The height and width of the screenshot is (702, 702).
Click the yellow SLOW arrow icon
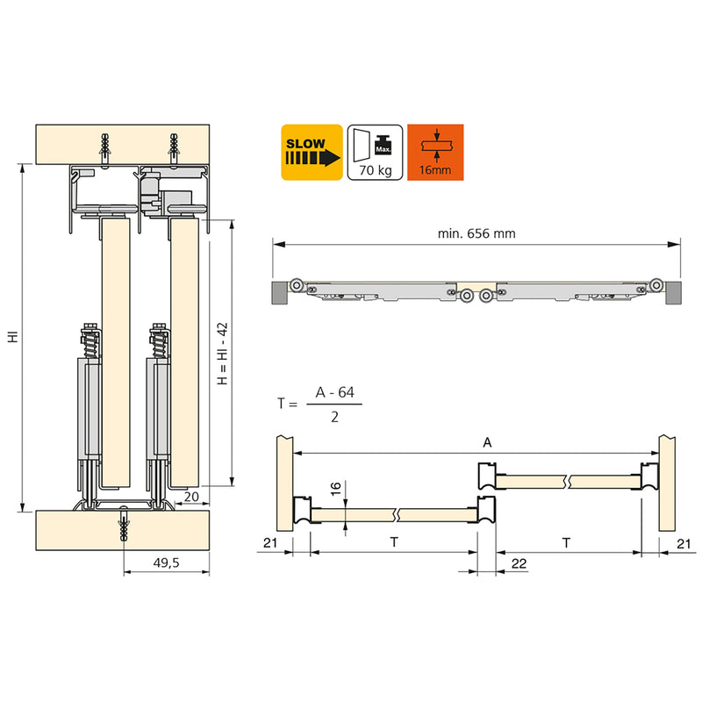312,152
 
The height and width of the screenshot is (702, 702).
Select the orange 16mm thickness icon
435,152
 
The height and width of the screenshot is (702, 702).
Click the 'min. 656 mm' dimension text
476,233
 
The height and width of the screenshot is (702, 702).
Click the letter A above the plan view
488,444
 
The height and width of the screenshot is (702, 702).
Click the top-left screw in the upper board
105,146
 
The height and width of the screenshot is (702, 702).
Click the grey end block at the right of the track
672,292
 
